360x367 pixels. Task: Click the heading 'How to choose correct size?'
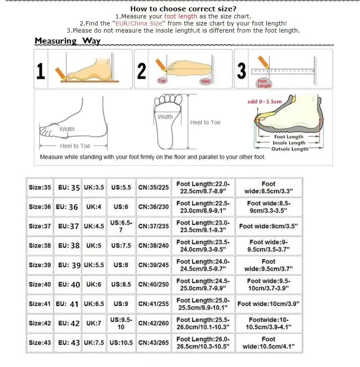pyautogui.click(x=183, y=9)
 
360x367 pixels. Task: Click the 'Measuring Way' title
pyautogui.click(x=68, y=41)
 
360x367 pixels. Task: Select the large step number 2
pyautogui.click(x=142, y=70)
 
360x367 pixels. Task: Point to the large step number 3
pyautogui.click(x=241, y=70)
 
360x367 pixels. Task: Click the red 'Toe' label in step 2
pyautogui.click(x=162, y=81)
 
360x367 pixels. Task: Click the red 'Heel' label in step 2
pyautogui.click(x=205, y=81)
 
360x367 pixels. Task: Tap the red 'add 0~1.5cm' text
pyautogui.click(x=264, y=101)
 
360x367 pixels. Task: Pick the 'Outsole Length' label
pyautogui.click(x=289, y=149)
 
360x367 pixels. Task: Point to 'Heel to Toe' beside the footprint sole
pyautogui.click(x=205, y=122)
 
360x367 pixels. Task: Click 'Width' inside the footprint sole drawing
pyautogui.click(x=165, y=117)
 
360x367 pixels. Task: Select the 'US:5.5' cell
pyautogui.click(x=121, y=187)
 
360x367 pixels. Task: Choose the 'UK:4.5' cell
pyautogui.click(x=94, y=226)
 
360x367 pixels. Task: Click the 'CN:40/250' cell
pyautogui.click(x=154, y=284)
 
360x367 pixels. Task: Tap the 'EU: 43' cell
pyautogui.click(x=69, y=343)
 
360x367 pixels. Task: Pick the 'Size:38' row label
pyautogui.click(x=40, y=246)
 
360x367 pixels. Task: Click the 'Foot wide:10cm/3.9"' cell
pyautogui.click(x=269, y=304)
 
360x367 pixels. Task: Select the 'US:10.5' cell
pyautogui.click(x=121, y=343)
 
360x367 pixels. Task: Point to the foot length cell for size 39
pyautogui.click(x=203, y=265)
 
